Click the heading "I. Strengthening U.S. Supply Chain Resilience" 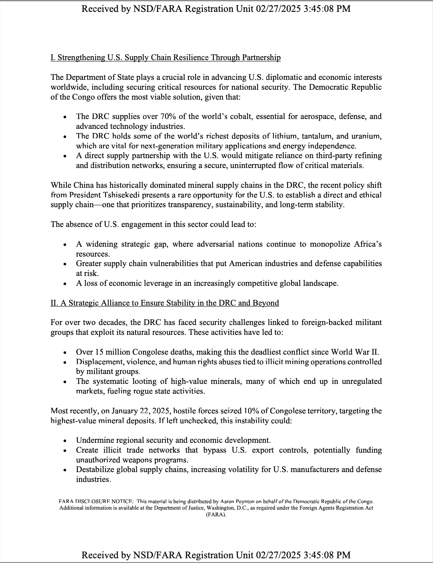pyautogui.click(x=166, y=58)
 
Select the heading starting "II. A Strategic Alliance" pyautogui.click(x=165, y=303)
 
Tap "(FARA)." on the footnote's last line pyautogui.click(x=216, y=515)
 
